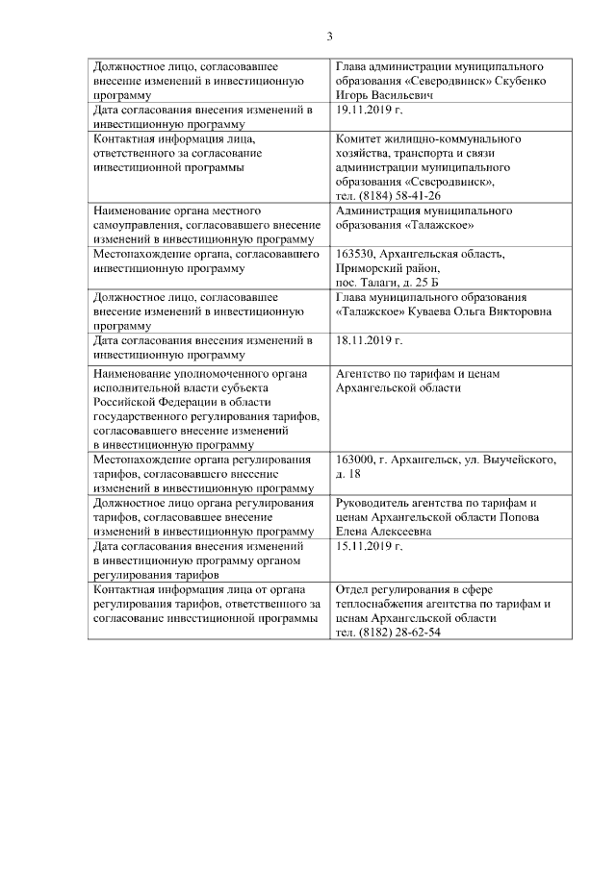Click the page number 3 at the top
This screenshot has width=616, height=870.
(x=329, y=37)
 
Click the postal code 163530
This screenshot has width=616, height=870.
(x=353, y=255)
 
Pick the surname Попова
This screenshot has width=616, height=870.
(x=530, y=517)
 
